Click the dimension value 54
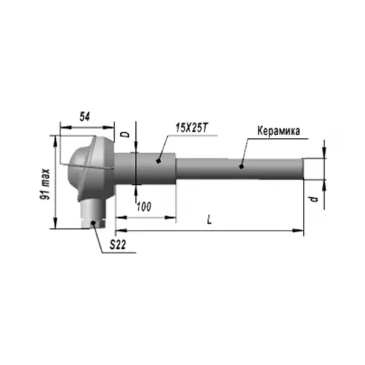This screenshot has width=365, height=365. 85,117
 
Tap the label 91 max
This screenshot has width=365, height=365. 45,184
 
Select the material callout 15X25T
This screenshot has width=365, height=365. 192,128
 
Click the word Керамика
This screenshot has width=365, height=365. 279,131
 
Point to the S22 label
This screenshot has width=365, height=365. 118,245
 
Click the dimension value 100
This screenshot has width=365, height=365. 144,207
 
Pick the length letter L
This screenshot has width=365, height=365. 210,220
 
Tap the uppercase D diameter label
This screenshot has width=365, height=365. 126,134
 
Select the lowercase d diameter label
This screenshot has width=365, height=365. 314,199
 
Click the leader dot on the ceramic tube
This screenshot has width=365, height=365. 241,166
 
